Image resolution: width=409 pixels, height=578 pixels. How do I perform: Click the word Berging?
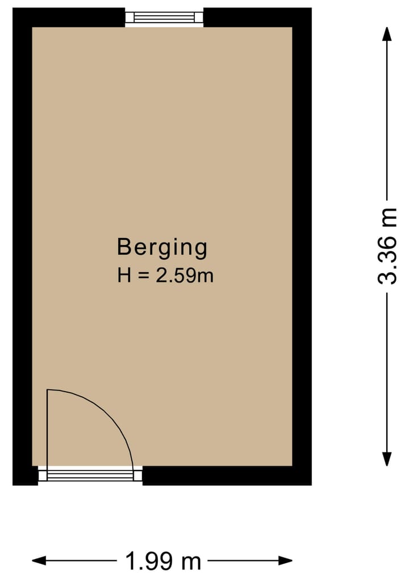162,248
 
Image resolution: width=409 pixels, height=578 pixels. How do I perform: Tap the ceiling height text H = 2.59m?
165,276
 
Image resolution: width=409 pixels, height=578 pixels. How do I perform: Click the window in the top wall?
164,17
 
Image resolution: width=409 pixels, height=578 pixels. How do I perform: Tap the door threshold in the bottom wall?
90,475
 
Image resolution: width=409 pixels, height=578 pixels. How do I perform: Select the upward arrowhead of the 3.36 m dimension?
387,34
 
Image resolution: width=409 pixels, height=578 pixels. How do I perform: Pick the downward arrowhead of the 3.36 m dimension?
387,459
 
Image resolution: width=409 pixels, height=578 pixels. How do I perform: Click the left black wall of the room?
22,244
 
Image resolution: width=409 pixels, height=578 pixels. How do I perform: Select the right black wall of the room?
302,244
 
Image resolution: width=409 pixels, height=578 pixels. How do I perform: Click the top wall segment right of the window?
256,17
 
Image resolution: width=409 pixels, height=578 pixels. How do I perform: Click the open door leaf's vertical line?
48,429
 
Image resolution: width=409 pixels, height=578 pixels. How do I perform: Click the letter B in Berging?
123,248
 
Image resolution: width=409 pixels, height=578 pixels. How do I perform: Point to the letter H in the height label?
123,276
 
